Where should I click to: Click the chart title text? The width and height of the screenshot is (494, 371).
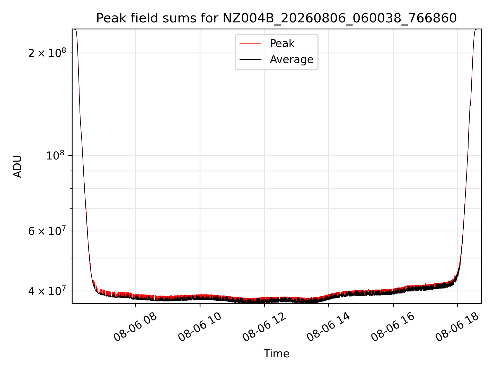tap(276, 18)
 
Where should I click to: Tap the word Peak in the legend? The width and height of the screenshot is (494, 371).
tap(282, 44)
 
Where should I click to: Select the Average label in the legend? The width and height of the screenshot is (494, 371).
tap(292, 60)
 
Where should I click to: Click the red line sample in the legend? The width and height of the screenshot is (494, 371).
tap(250, 44)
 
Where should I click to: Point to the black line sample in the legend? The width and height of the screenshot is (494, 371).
tap(250, 60)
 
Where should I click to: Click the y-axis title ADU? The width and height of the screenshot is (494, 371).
tap(17, 166)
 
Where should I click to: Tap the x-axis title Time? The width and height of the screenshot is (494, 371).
tap(276, 354)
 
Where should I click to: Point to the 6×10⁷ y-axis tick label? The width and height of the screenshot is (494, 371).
tap(47, 231)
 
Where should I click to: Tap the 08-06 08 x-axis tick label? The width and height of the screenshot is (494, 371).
tap(135, 327)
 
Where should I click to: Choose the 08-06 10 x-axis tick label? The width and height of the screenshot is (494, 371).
tap(200, 327)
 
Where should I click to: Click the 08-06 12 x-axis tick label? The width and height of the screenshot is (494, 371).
tap(264, 327)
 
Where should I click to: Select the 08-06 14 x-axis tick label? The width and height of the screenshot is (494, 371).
tap(329, 327)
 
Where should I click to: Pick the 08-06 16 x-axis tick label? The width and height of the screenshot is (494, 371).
tap(393, 327)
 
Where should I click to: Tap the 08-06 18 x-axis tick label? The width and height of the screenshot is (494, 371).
tap(457, 327)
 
